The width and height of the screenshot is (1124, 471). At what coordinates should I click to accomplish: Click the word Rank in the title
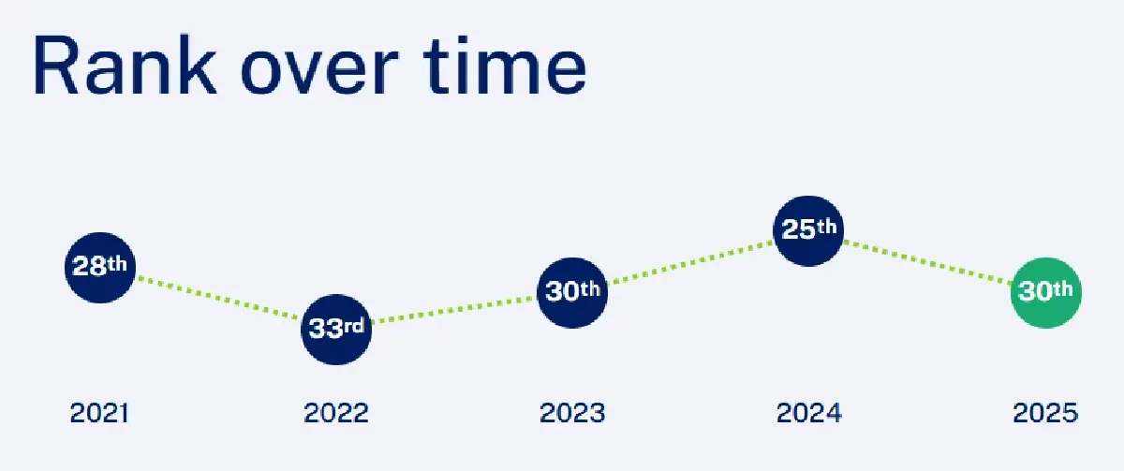tap(125, 65)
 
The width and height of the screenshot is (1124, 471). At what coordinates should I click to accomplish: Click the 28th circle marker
tap(100, 268)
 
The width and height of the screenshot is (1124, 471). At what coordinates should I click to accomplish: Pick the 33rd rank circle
tap(336, 329)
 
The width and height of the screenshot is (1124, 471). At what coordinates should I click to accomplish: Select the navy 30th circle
tap(572, 292)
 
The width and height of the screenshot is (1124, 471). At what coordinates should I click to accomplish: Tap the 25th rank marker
tap(808, 230)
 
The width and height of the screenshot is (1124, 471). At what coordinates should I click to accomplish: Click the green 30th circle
tap(1045, 292)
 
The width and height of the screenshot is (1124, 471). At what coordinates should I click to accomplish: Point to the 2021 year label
tap(99, 413)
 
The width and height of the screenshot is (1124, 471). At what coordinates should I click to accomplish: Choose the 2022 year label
tap(336, 413)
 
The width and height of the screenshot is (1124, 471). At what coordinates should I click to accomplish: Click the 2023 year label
tap(572, 413)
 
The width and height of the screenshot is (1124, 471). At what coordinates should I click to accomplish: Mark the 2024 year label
tap(809, 413)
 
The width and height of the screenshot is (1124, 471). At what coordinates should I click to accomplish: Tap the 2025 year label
tap(1045, 413)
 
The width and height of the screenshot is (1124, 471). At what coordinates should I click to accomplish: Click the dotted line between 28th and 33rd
tap(217, 298)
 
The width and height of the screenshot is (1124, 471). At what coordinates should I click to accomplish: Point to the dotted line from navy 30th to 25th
tap(690, 262)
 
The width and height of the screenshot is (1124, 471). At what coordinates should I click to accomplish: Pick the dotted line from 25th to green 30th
tap(927, 262)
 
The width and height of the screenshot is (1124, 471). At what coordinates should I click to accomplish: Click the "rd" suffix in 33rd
tap(354, 326)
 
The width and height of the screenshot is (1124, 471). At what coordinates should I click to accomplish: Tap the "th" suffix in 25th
tap(826, 227)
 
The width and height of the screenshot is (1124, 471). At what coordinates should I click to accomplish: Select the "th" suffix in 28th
tap(117, 263)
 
